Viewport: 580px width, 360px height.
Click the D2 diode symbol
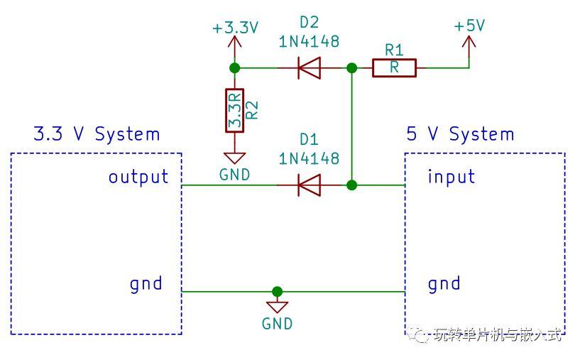tap(309, 68)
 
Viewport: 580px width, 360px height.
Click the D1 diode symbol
tap(309, 185)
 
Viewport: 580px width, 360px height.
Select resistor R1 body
tap(394, 68)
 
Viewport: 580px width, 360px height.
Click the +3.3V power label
tap(235, 28)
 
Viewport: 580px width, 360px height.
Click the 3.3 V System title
tap(97, 134)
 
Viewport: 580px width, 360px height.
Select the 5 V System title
tap(460, 134)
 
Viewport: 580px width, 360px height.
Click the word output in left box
tap(138, 176)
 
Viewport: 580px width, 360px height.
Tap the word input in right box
tap(451, 176)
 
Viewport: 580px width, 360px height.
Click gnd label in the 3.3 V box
tap(146, 284)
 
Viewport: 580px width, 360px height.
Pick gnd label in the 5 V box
tap(444, 284)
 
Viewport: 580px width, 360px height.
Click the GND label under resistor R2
tap(235, 175)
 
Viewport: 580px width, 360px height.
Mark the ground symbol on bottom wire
tap(277, 306)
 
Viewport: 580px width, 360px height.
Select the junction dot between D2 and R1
tap(351, 68)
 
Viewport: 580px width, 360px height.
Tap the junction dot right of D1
tap(351, 185)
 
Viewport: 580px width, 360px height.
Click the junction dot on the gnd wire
tap(277, 291)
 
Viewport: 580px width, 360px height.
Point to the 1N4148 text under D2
tap(309, 42)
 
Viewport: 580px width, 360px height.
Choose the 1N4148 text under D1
tap(309, 158)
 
